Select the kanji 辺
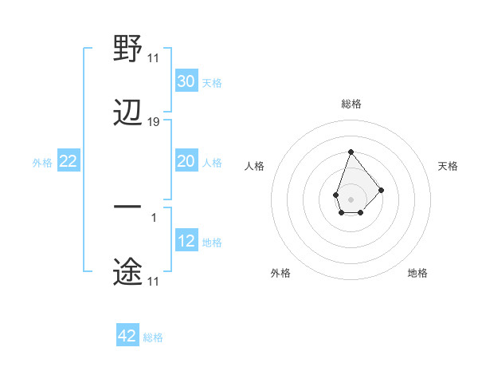pyautogui.click(x=128, y=113)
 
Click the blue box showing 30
pyautogui.click(x=186, y=81)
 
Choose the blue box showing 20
pyautogui.click(x=186, y=161)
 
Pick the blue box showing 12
pyautogui.click(x=186, y=241)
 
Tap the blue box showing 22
pyautogui.click(x=69, y=161)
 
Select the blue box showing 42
pyautogui.click(x=127, y=336)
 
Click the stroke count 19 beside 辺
pyautogui.click(x=154, y=122)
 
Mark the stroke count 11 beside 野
pyautogui.click(x=153, y=57)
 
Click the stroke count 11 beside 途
pyautogui.click(x=153, y=281)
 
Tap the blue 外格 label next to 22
pyautogui.click(x=42, y=162)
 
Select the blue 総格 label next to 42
pyautogui.click(x=153, y=337)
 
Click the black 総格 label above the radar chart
pyautogui.click(x=351, y=104)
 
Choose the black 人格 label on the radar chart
pyautogui.click(x=254, y=166)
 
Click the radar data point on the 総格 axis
pyautogui.click(x=351, y=152)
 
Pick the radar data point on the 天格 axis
pyautogui.click(x=382, y=190)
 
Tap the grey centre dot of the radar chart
pyautogui.click(x=351, y=198)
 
